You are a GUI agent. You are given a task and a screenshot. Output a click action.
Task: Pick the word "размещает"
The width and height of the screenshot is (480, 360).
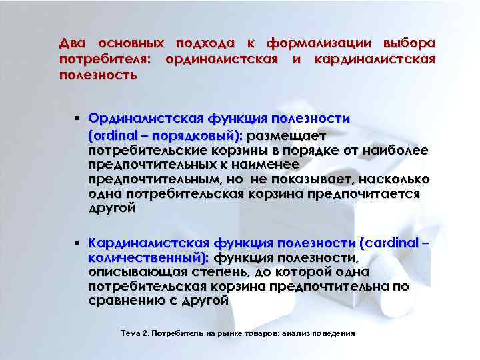pyautogui.click(x=285, y=135)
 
